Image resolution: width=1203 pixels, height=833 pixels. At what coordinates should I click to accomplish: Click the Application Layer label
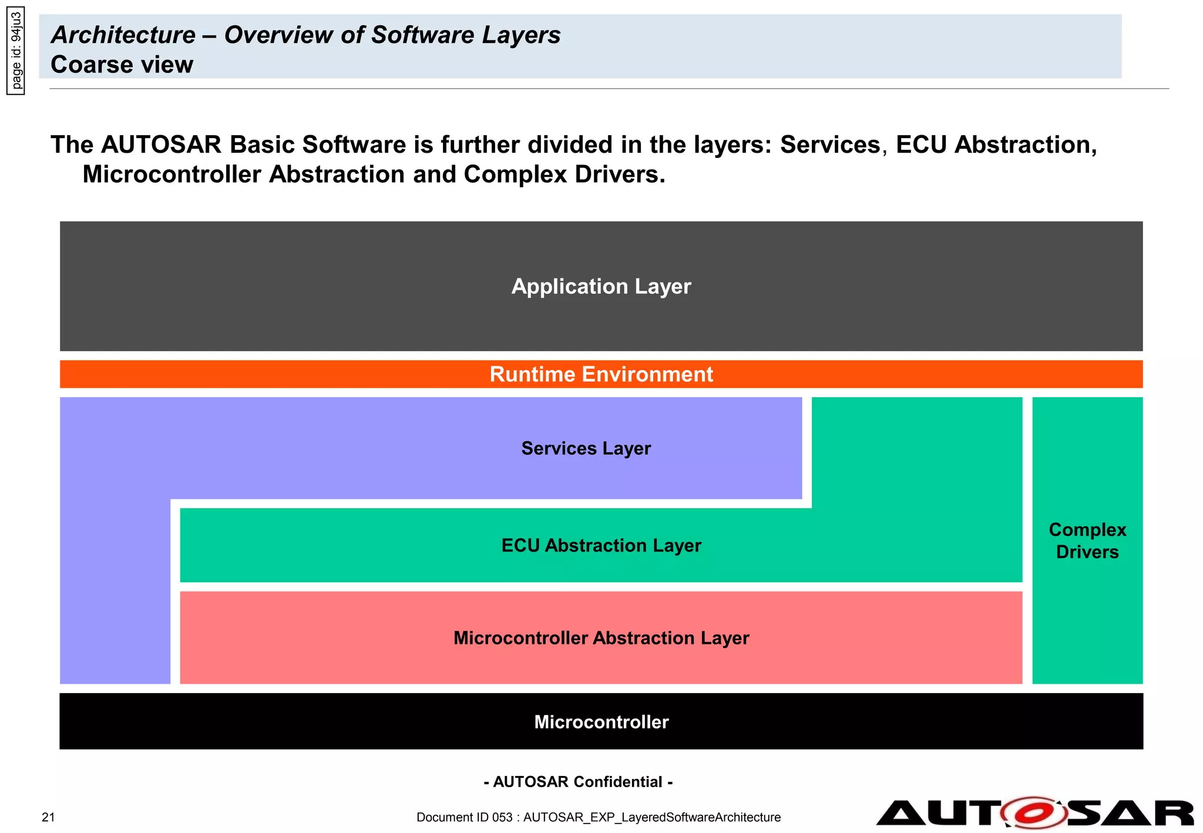601,287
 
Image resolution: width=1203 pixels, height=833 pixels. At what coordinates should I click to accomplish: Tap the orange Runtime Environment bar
601,374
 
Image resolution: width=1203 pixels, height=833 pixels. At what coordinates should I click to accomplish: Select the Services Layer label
586,449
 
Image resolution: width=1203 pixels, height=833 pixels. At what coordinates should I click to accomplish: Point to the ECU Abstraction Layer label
601,546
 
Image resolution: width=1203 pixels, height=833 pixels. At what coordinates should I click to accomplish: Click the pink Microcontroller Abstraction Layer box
601,638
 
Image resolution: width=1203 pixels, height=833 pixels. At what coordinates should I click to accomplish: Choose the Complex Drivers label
1087,541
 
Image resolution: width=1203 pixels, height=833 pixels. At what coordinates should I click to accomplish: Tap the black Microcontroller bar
601,721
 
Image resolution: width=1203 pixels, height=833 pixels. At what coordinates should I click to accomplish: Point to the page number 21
48,817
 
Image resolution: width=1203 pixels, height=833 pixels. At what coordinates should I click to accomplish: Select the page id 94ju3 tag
16,51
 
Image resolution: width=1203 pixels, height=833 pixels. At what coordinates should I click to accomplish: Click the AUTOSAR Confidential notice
578,782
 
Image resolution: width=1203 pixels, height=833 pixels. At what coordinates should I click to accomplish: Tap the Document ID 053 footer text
598,817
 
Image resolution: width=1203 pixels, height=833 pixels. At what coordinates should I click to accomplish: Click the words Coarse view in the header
122,65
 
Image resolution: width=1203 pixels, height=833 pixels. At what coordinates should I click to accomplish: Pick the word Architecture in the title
123,35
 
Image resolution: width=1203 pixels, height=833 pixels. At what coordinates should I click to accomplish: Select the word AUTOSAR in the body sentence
162,145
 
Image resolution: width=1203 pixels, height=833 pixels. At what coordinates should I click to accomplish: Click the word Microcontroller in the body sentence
172,174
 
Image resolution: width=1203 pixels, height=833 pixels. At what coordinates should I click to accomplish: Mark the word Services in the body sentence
830,145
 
